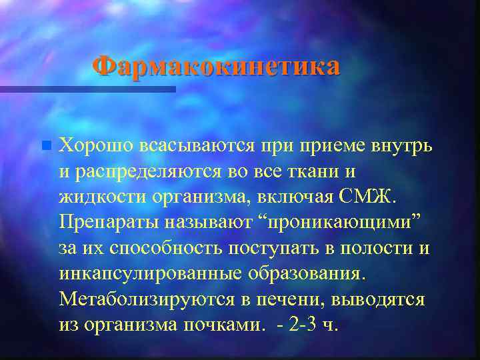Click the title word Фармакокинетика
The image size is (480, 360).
[x=216, y=67]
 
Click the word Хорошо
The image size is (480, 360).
[x=96, y=145]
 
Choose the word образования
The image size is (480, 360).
[x=309, y=273]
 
